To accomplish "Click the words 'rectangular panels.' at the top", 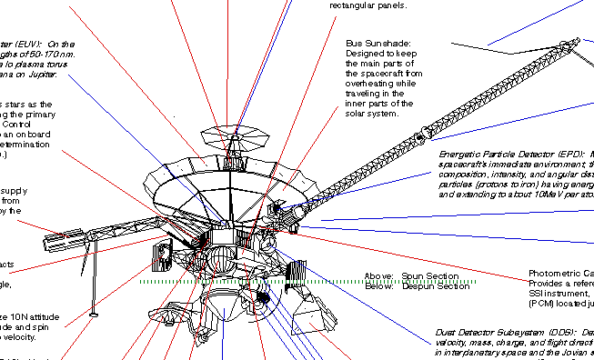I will (367, 5).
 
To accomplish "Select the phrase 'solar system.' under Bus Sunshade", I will (372, 114).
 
